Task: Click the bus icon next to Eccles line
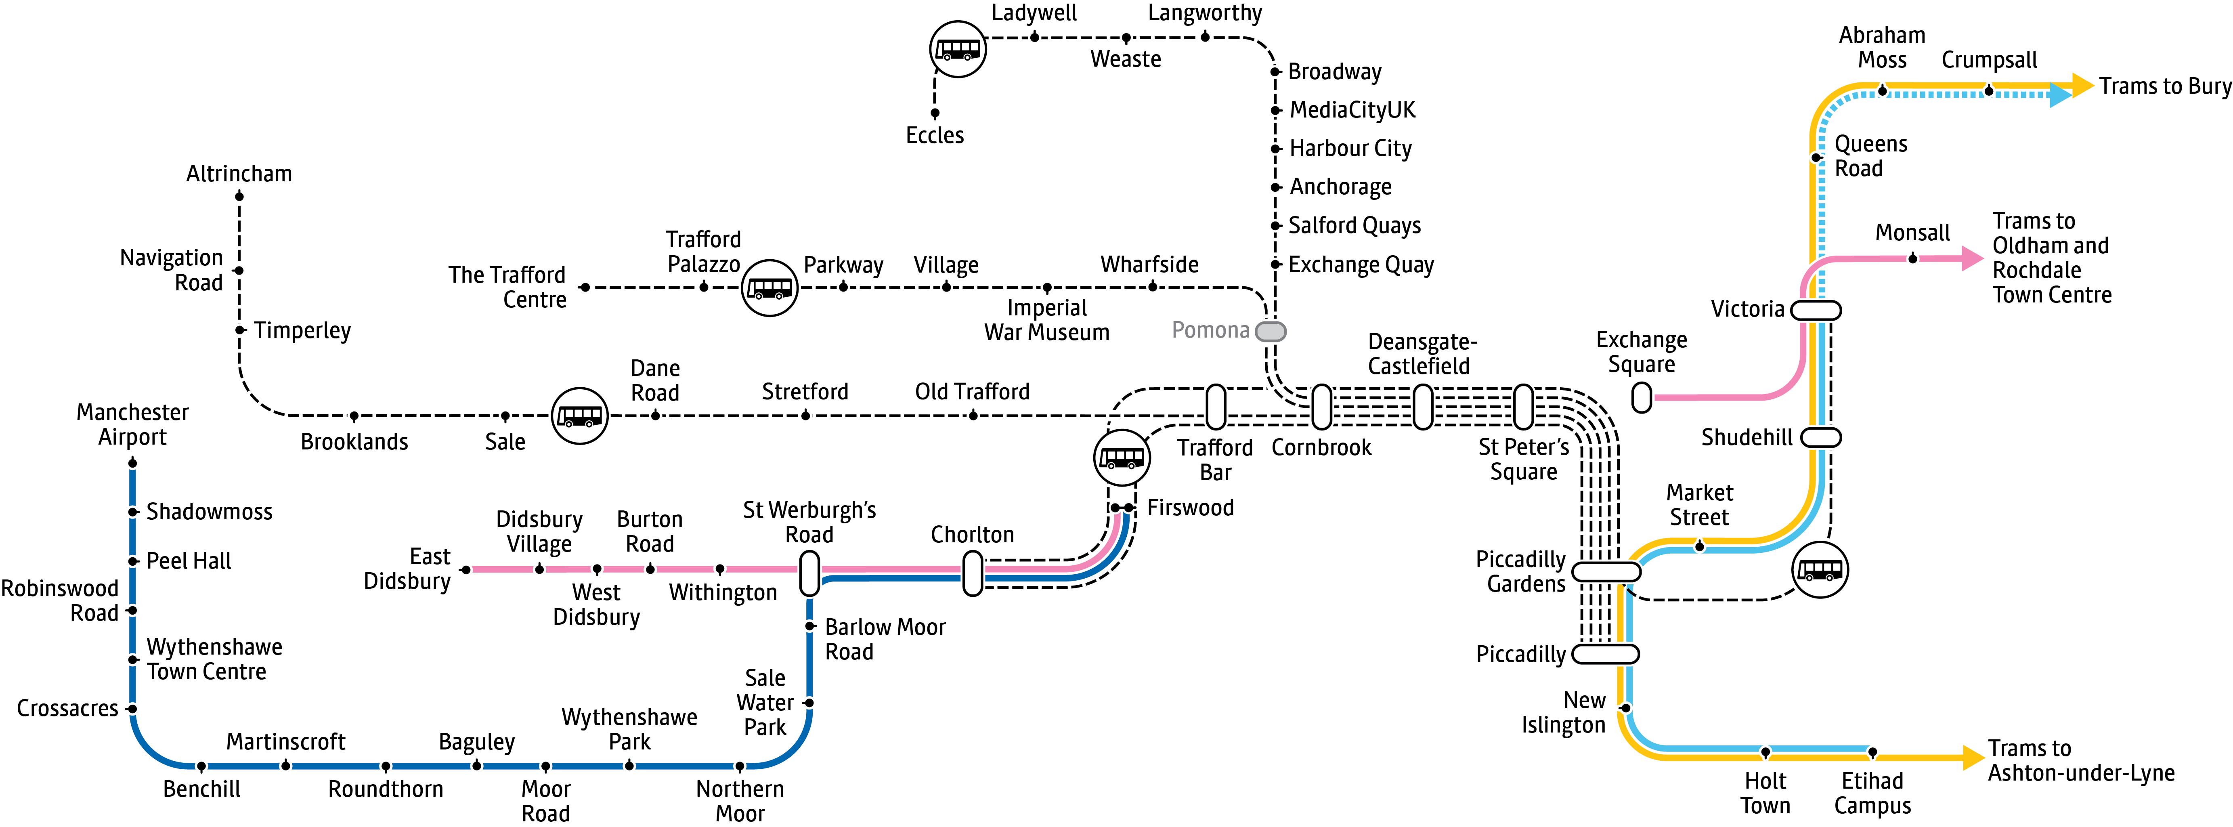[958, 49]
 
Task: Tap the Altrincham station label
[239, 173]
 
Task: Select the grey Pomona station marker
[1271, 331]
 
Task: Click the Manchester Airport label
[133, 424]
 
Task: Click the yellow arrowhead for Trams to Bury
[2082, 85]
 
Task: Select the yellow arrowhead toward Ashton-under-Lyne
[1973, 758]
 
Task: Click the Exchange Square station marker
[1641, 398]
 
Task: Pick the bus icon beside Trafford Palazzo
[770, 288]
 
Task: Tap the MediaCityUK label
[1352, 110]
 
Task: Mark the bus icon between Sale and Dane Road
[580, 416]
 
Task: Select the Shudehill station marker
[1820, 438]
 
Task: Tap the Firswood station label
[1190, 508]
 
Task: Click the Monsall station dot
[1912, 258]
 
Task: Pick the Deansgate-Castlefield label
[1422, 354]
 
